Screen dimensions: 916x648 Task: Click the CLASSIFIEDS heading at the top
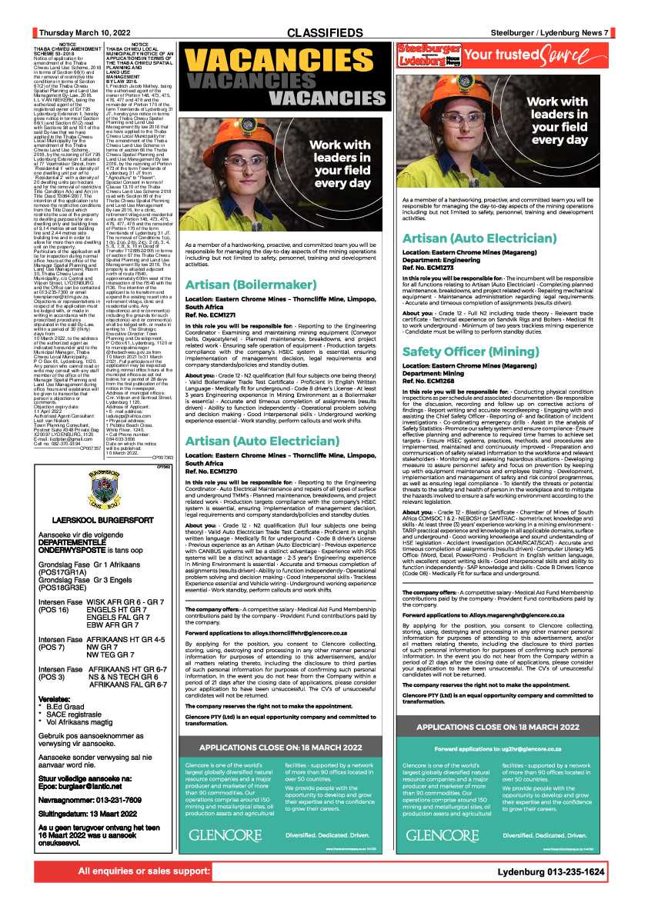(324, 32)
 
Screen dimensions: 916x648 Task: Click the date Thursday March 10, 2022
(85, 32)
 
